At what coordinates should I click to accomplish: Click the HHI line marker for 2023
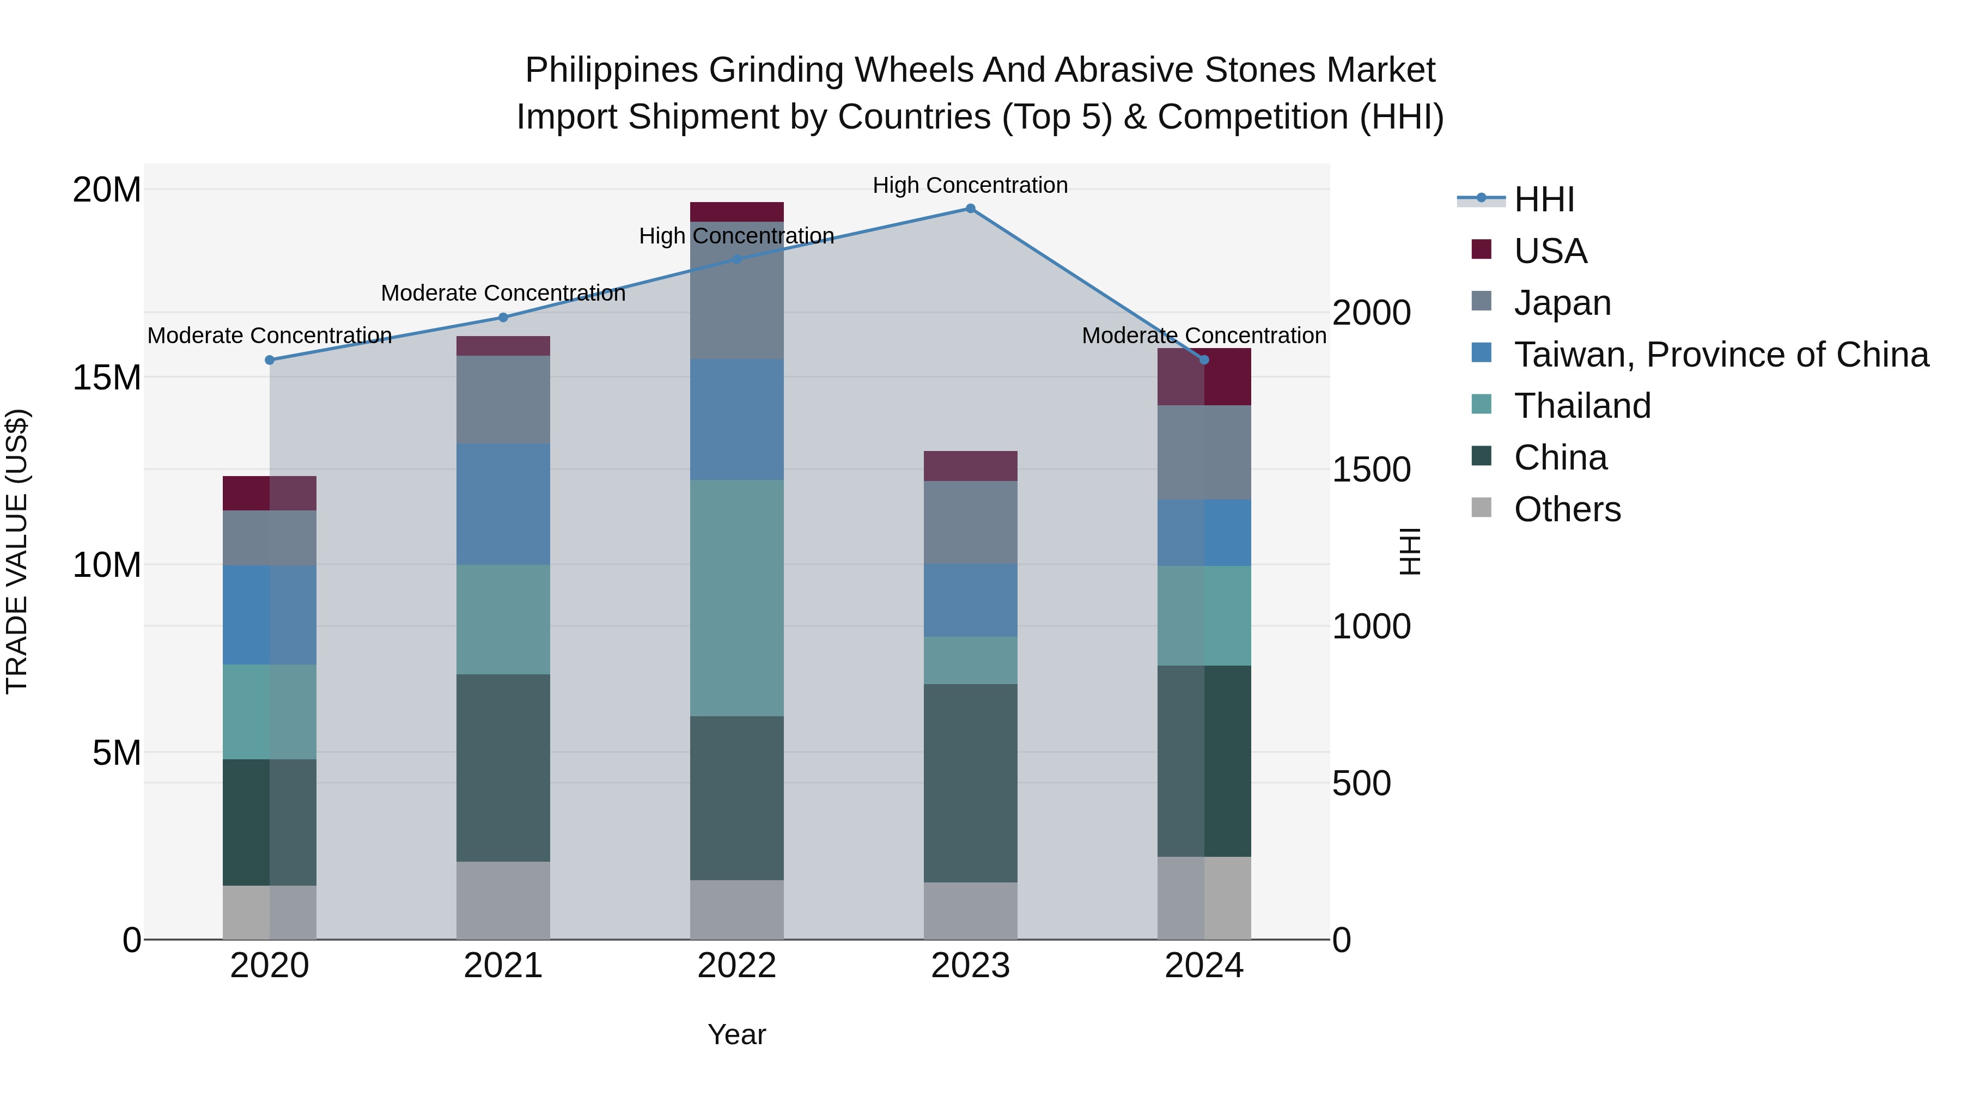[x=970, y=209]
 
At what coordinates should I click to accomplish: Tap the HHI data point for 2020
[x=270, y=360]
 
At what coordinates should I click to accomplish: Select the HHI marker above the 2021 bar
[x=503, y=318]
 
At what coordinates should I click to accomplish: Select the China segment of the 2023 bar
[x=970, y=783]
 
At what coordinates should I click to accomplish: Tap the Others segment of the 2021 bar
[x=503, y=900]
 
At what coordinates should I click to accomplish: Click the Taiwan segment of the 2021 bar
[x=503, y=504]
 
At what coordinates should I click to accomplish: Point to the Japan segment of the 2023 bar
[x=970, y=522]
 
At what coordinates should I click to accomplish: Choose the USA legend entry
[x=1550, y=251]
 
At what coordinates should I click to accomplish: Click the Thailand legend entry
[x=1582, y=406]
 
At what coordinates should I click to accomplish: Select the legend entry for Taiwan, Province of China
[x=1720, y=355]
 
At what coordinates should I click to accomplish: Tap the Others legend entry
[x=1567, y=509]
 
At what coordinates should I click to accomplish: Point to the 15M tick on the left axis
[x=107, y=377]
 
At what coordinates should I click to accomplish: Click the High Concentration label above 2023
[x=970, y=185]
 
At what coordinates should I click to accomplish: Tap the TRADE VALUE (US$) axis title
[x=17, y=551]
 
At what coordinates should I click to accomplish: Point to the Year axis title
[x=736, y=1034]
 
